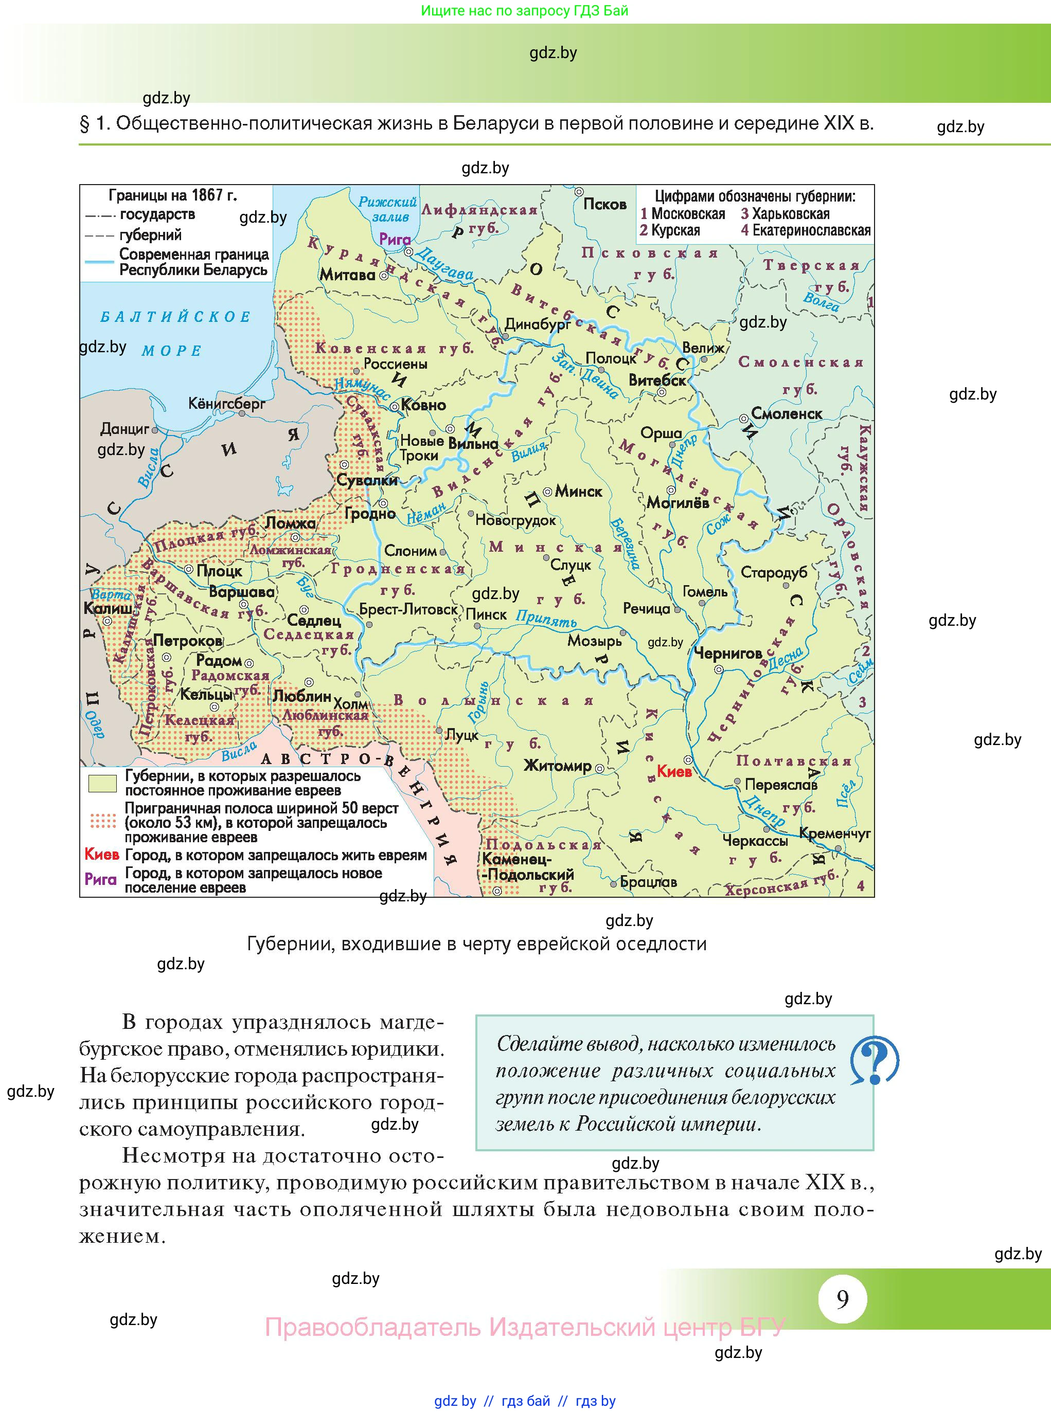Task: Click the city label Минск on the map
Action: [x=578, y=492]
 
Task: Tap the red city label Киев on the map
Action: [x=674, y=772]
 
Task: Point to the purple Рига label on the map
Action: [x=395, y=240]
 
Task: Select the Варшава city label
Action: [x=242, y=592]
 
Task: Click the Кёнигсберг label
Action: [x=227, y=404]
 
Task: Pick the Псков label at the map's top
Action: [x=605, y=205]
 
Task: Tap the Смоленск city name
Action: [x=787, y=414]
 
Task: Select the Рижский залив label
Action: [x=388, y=209]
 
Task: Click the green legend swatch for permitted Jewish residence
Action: [x=102, y=783]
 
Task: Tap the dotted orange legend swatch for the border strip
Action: [x=102, y=822]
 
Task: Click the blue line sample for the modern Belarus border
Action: [x=99, y=262]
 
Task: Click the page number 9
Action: [x=842, y=1298]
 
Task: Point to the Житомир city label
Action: [x=557, y=767]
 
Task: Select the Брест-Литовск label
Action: [x=408, y=610]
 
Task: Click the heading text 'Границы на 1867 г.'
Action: [x=172, y=195]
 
